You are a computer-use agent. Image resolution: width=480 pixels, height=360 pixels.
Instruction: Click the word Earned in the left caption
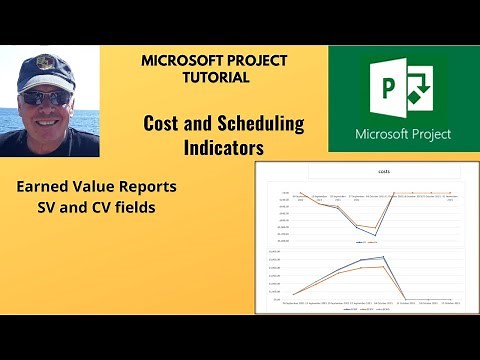coord(43,186)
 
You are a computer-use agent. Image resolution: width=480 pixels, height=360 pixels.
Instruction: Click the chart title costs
coord(356,171)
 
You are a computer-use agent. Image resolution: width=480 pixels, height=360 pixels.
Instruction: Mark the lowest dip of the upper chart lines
coord(375,236)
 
